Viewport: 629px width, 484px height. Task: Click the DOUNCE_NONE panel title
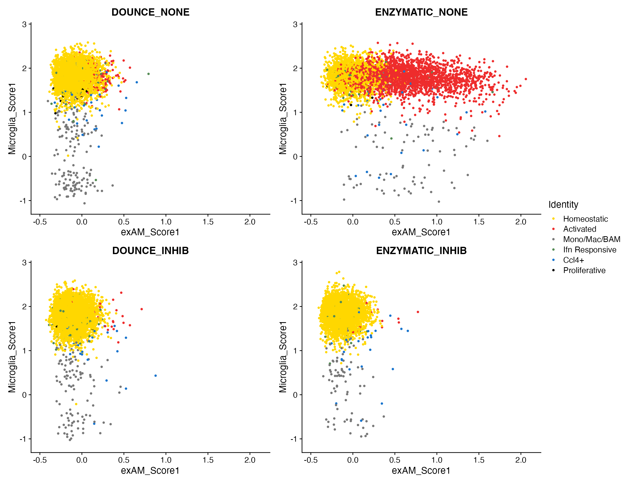click(x=150, y=12)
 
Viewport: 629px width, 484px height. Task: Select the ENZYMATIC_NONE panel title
click(x=421, y=12)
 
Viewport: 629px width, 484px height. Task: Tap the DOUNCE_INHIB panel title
click(x=150, y=251)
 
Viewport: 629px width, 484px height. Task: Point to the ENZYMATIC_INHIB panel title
click(x=421, y=251)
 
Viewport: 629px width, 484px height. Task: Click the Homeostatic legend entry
click(x=585, y=219)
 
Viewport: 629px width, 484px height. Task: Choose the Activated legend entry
click(x=579, y=229)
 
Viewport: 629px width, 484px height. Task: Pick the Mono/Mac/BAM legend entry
click(x=591, y=239)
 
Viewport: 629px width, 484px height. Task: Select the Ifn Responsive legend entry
click(x=589, y=250)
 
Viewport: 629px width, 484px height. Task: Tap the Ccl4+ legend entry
click(x=573, y=260)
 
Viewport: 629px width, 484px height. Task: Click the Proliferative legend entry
click(x=584, y=270)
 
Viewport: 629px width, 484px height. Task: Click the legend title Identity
click(x=563, y=204)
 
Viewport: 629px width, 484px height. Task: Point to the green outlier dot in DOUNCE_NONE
click(x=149, y=74)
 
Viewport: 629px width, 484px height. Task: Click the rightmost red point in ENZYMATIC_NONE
click(x=526, y=79)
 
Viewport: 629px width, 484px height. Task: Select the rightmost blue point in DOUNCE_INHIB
click(x=155, y=376)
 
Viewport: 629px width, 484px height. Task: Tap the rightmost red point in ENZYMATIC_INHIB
click(x=418, y=312)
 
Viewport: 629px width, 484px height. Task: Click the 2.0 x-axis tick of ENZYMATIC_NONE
click(x=521, y=222)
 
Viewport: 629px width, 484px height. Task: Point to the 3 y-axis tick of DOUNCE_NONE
click(x=24, y=24)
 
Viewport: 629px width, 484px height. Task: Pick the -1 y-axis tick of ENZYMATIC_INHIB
click(x=294, y=439)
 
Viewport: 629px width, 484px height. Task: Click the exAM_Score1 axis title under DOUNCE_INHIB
click(x=150, y=470)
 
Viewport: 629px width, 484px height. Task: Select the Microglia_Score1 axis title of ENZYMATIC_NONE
click(x=283, y=119)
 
